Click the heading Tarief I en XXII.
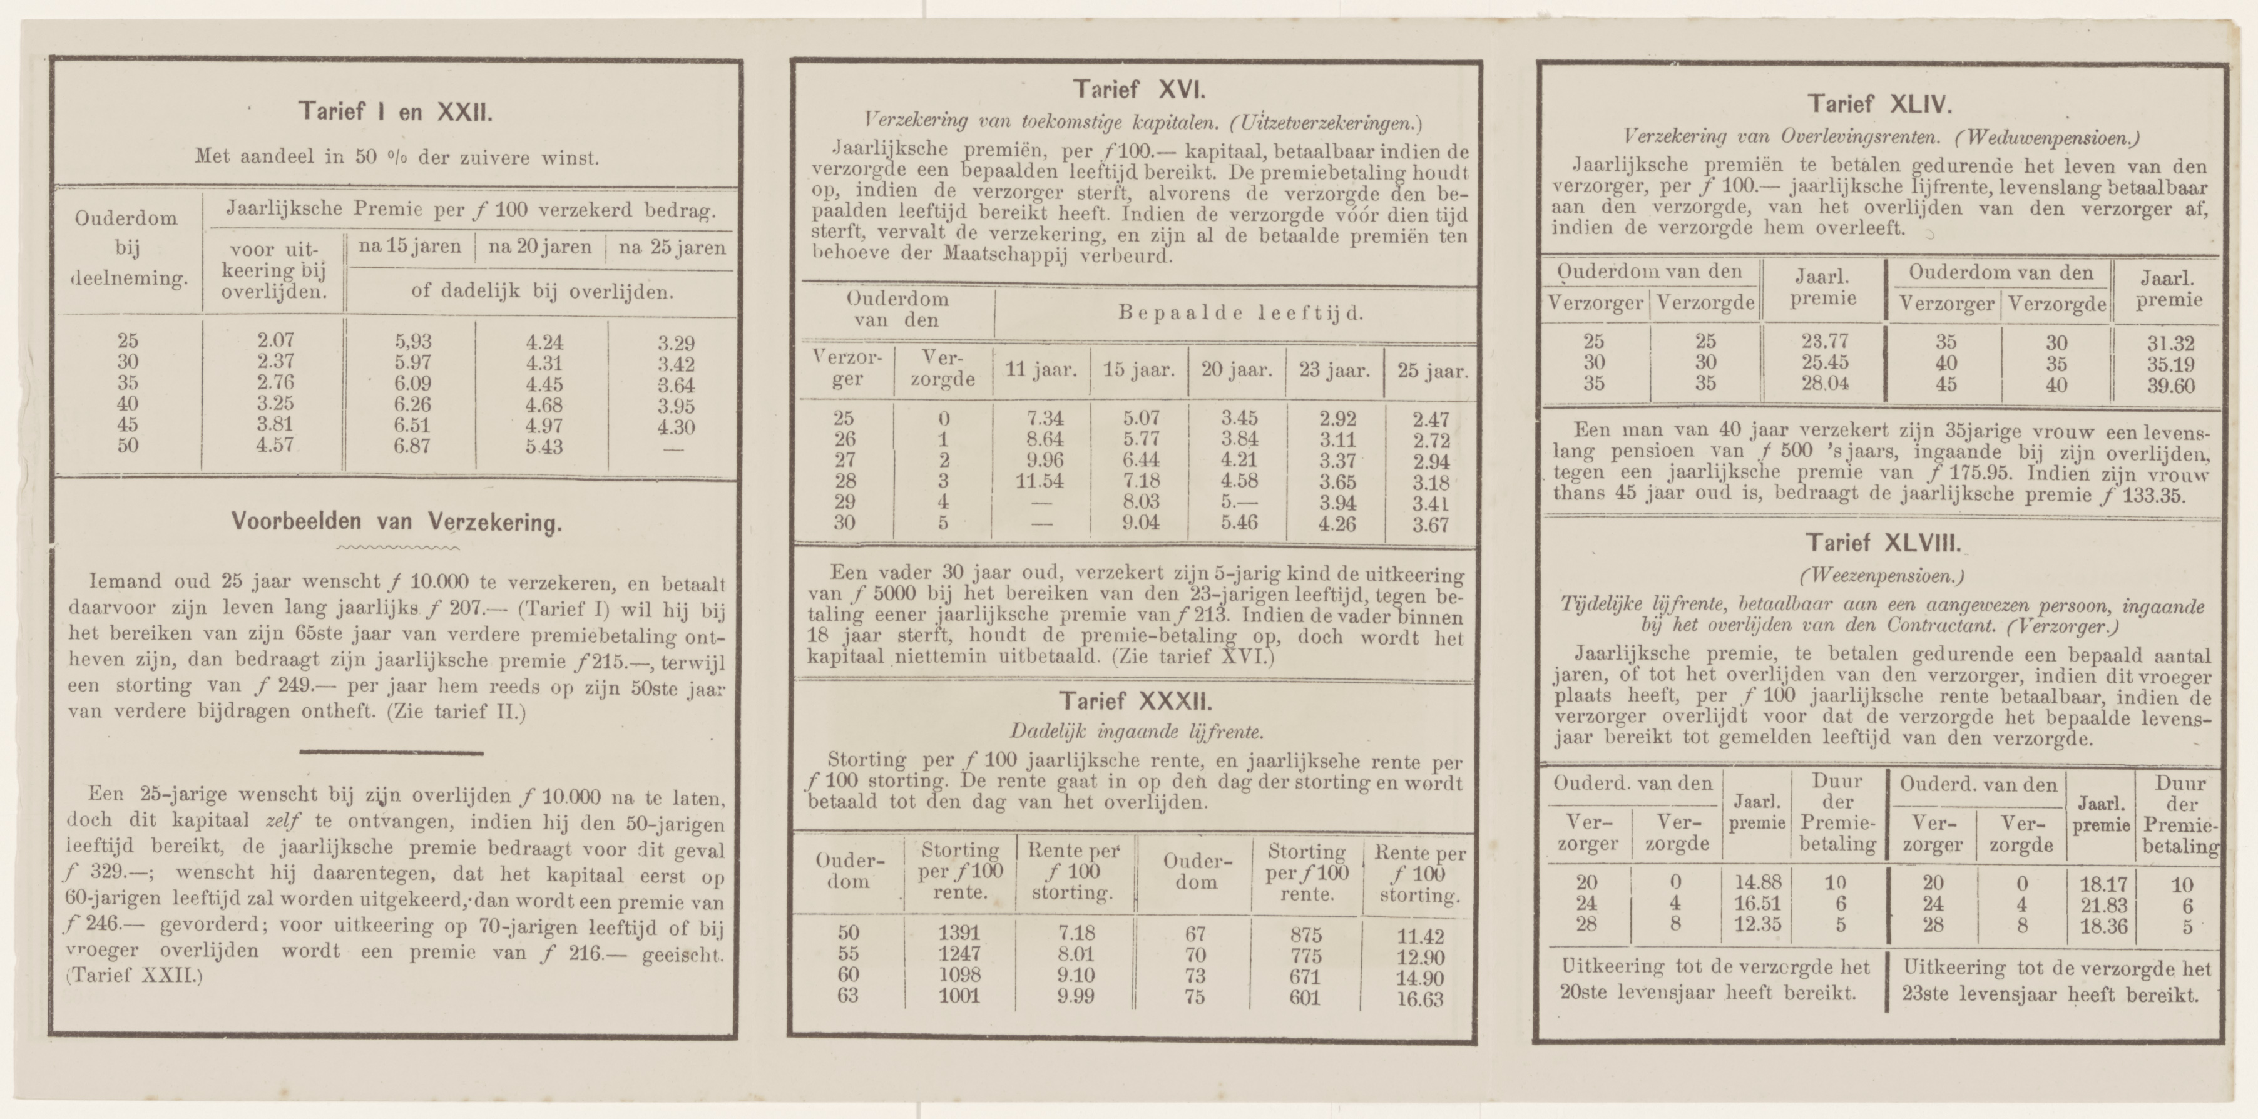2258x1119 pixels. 396,112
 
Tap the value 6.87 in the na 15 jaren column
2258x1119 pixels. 412,447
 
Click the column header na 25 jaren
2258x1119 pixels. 672,248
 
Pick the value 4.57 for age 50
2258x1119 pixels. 274,445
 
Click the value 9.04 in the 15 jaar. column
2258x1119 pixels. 1138,524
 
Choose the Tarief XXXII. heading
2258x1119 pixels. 1136,702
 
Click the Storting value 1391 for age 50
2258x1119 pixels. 958,933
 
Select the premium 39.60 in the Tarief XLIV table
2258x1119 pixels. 2170,386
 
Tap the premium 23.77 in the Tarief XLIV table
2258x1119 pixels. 1823,342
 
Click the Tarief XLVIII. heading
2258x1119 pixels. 1879,543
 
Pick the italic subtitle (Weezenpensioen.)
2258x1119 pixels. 1879,576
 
